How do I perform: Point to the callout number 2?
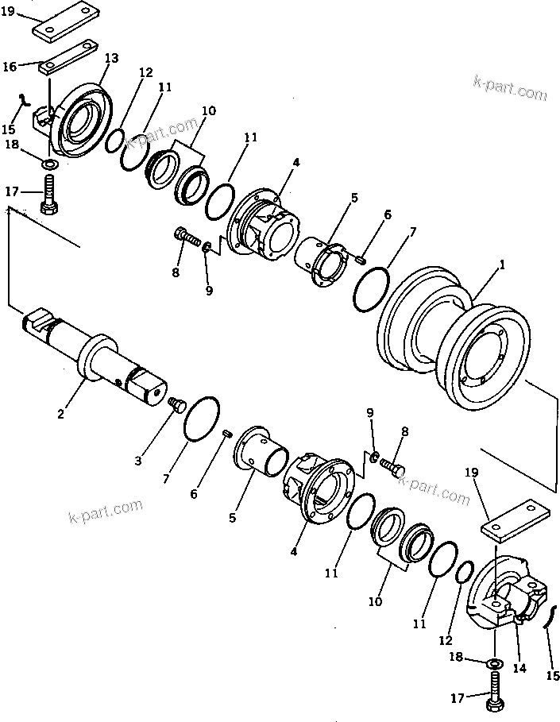point(61,412)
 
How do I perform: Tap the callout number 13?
point(110,58)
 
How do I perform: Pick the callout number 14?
point(519,669)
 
